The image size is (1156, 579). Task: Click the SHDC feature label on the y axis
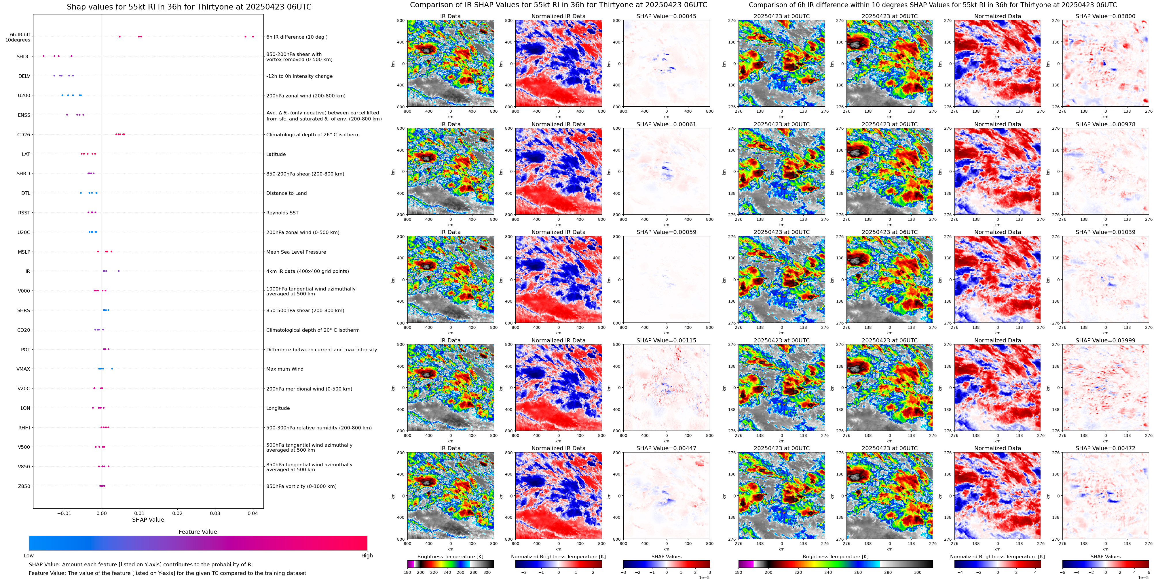23,56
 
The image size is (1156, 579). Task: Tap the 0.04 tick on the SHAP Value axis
253,513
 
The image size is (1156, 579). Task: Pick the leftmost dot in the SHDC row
43,56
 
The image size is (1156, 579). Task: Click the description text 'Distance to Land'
286,193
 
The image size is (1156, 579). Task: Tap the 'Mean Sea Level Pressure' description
296,252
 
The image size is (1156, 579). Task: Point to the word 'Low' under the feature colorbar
29,556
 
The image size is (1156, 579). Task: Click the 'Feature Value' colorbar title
198,532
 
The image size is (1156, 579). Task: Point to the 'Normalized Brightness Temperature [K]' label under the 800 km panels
558,557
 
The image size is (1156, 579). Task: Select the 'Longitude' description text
278,408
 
